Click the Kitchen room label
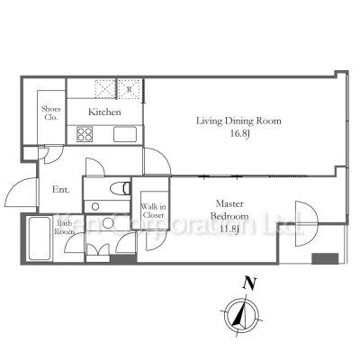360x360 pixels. (x=104, y=112)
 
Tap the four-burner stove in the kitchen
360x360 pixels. (x=85, y=134)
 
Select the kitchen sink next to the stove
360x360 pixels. (x=125, y=134)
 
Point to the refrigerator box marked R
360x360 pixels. (x=130, y=89)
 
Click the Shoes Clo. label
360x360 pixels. (x=51, y=113)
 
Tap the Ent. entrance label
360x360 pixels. (x=61, y=190)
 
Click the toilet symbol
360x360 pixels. (x=120, y=189)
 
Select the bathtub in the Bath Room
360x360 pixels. (x=40, y=238)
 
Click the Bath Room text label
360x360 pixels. (x=65, y=228)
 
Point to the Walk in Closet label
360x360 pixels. (x=154, y=211)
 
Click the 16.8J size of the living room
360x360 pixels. (x=240, y=133)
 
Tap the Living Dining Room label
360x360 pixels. (x=238, y=121)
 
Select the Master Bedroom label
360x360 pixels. (x=229, y=210)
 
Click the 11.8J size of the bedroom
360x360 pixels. (x=229, y=229)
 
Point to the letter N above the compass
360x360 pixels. (x=249, y=283)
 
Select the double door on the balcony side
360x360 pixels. (x=306, y=223)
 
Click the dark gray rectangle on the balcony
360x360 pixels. (x=325, y=258)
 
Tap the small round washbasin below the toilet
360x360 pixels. (x=95, y=207)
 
